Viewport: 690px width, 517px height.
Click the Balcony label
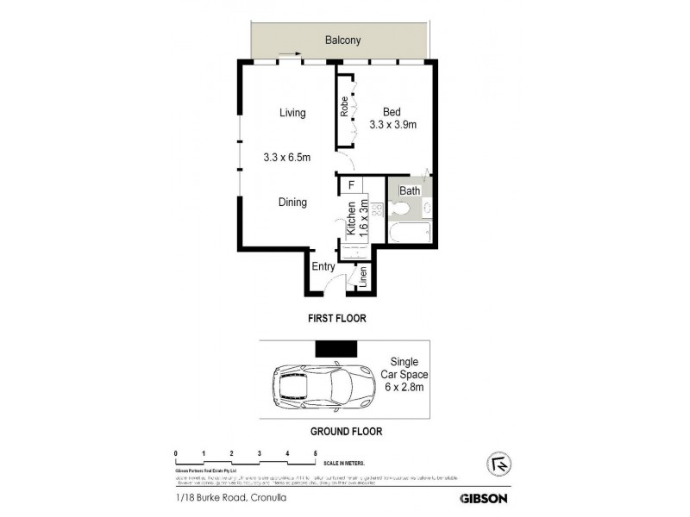click(x=342, y=40)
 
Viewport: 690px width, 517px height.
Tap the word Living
click(x=293, y=113)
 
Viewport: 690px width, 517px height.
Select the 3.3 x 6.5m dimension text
click(x=287, y=157)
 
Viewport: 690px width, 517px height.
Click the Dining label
click(x=293, y=202)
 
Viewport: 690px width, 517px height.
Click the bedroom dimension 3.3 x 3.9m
click(x=393, y=125)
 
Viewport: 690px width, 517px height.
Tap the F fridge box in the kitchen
click(x=351, y=184)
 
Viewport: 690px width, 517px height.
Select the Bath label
click(x=409, y=190)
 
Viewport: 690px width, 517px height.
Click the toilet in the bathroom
click(x=399, y=209)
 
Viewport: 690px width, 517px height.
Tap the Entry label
click(x=323, y=267)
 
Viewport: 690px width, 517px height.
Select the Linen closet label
click(x=363, y=277)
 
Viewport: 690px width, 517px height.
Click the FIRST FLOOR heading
click(x=337, y=318)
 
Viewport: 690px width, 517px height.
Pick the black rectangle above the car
click(x=336, y=347)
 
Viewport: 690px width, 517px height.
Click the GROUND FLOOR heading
click(x=346, y=432)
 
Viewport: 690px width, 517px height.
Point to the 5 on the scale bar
click(x=316, y=452)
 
